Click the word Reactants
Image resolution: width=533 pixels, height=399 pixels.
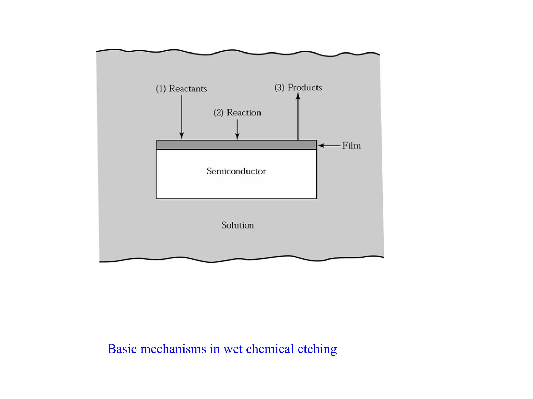tap(188, 89)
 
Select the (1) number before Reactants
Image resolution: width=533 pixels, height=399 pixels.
tap(161, 89)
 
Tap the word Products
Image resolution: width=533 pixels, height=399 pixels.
tap(304, 88)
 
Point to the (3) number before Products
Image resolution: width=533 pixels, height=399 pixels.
tap(279, 88)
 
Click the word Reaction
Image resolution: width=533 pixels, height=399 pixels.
tap(244, 112)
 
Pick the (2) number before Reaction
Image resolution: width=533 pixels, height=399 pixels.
tap(219, 112)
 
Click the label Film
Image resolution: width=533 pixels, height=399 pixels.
tap(351, 145)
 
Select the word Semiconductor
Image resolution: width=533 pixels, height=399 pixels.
tap(236, 171)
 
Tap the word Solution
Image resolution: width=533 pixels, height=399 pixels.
tap(237, 225)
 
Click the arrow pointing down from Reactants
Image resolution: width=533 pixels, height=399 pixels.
tap(182, 117)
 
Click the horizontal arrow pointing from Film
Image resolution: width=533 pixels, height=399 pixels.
tap(329, 145)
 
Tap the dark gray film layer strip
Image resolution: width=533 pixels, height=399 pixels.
tap(236, 145)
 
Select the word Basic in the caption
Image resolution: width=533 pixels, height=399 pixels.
tap(122, 349)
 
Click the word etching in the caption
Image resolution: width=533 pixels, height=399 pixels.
tap(317, 349)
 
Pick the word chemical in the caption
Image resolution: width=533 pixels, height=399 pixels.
tap(270, 349)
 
